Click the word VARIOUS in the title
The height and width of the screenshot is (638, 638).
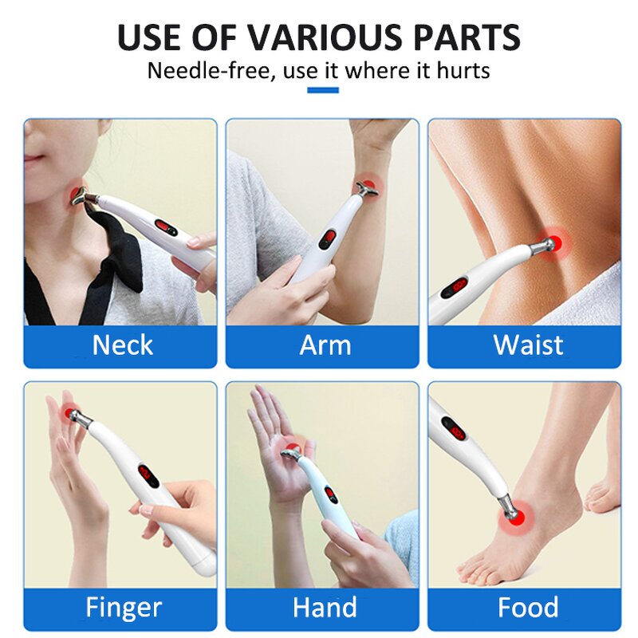coord(317,37)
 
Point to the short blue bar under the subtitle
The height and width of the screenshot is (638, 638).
coord(322,90)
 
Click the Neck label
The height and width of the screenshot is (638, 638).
coord(122,345)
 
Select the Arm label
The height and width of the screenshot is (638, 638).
coord(325,345)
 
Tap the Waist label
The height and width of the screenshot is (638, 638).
coord(527,345)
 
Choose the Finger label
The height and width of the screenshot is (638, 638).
coord(124,608)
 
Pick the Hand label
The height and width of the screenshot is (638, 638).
coord(325,608)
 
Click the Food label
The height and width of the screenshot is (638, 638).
coord(527,608)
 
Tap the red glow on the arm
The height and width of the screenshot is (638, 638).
coord(369,183)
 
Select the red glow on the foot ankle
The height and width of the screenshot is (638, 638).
coord(508,517)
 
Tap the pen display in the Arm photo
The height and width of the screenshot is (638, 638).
coord(328,238)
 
